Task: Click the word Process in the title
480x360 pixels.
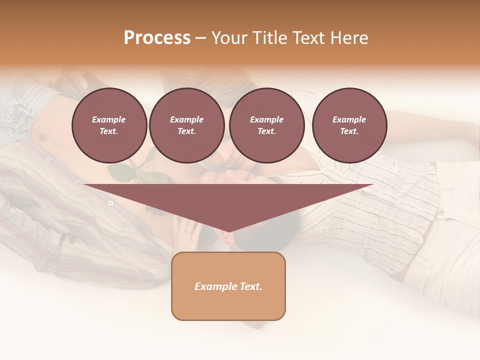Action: click(157, 38)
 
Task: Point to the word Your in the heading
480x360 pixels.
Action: click(229, 38)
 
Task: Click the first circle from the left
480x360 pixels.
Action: click(109, 125)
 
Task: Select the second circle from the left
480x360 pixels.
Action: click(186, 125)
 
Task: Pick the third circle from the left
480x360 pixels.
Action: click(266, 125)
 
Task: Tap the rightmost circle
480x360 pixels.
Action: click(349, 125)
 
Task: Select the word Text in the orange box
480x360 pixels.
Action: click(250, 286)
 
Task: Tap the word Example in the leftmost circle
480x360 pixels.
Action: click(109, 119)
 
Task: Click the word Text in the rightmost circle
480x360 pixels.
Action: click(349, 131)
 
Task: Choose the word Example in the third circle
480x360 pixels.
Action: click(266, 119)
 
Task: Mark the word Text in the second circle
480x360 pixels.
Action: click(186, 131)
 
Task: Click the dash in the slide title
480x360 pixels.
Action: click(200, 38)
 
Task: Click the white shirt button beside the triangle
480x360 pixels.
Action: click(110, 203)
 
